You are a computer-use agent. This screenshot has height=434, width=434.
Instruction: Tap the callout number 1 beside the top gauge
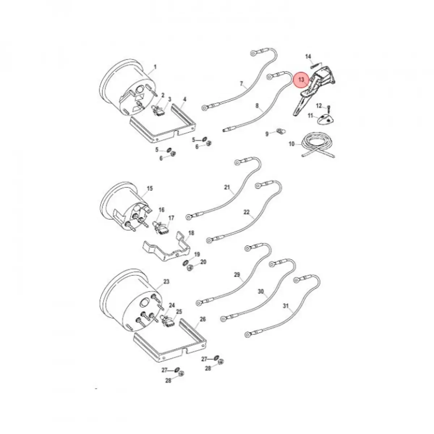tap(156, 67)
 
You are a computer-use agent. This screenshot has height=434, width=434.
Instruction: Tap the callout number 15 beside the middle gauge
tap(150, 188)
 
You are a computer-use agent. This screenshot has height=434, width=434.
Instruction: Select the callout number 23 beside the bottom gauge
tap(166, 281)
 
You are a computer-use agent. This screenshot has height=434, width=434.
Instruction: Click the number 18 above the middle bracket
tap(191, 233)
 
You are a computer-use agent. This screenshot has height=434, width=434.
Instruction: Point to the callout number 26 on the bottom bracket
tap(203, 319)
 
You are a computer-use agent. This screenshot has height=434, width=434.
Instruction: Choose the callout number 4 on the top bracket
tap(184, 99)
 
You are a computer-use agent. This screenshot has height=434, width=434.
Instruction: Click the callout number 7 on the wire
tap(242, 84)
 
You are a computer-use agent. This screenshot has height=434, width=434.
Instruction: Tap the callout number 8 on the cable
tap(257, 106)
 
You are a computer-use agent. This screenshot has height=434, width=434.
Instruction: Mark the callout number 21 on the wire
tap(227, 187)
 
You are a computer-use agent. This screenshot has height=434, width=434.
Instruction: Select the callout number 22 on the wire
tap(247, 212)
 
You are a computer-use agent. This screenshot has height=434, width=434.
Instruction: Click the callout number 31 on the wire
tap(286, 306)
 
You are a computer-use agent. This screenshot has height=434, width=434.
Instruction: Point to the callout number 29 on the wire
tap(237, 275)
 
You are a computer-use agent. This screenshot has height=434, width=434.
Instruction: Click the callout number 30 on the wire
tap(261, 291)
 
